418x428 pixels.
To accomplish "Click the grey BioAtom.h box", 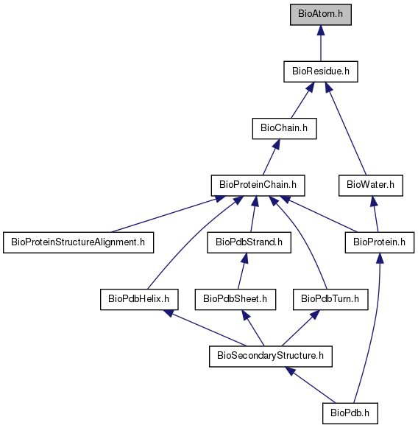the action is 321,15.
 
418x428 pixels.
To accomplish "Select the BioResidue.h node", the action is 321,71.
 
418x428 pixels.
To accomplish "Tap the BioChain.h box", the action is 284,128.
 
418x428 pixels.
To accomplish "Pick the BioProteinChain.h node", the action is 258,186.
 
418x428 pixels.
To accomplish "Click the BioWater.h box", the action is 371,186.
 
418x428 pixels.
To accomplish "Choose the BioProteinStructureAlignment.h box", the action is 79,242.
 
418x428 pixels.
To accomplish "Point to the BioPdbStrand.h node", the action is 249,242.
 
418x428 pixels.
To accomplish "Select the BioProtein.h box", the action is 380,242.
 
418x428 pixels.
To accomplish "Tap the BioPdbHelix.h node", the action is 139,299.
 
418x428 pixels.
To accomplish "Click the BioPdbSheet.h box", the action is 235,299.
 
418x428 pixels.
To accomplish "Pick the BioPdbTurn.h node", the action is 330,299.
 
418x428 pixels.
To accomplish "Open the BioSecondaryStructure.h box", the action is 271,357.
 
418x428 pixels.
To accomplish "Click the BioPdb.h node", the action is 350,413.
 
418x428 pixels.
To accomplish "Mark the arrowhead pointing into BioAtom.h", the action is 321,30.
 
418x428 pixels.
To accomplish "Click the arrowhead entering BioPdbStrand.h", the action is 245,258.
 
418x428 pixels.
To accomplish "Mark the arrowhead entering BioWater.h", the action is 374,201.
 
